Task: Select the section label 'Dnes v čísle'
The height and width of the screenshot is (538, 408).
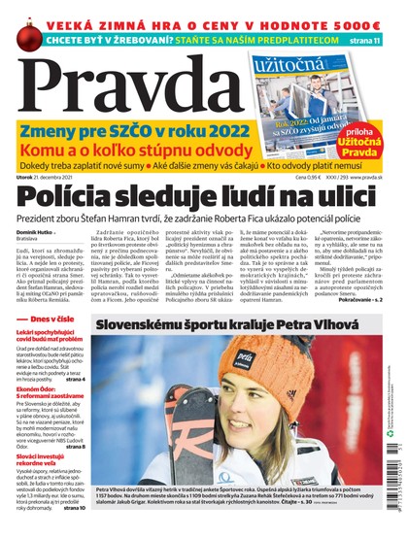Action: click(x=48, y=321)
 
